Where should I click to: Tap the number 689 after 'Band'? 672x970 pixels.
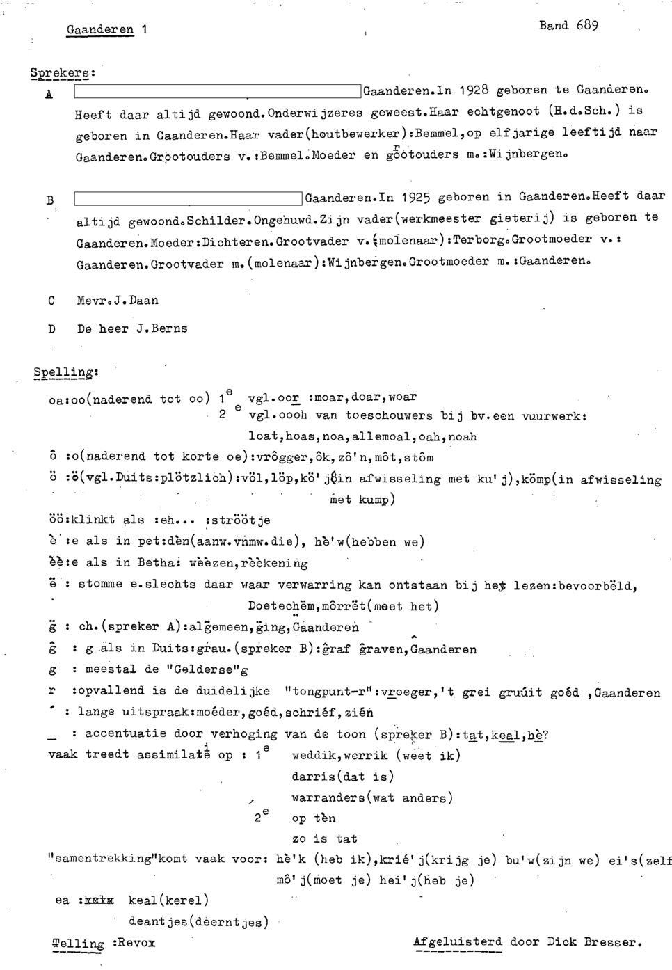586,26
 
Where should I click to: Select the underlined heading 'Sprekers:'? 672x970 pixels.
63,72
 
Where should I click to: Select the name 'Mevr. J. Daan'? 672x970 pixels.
118,301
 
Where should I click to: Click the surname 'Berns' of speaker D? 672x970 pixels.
169,328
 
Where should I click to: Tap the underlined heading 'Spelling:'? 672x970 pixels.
65,373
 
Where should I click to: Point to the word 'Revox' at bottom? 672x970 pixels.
136,943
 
